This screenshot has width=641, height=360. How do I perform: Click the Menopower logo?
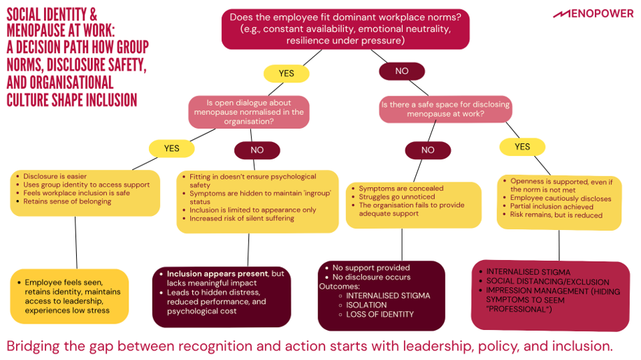[x=593, y=13]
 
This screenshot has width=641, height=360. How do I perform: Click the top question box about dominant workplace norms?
[x=346, y=29]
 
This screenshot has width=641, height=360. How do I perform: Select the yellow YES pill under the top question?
[x=287, y=73]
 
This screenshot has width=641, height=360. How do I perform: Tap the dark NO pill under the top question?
[x=402, y=71]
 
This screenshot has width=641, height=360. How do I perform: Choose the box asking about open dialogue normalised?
[x=248, y=112]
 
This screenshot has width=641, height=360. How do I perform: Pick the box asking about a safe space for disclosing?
[x=445, y=108]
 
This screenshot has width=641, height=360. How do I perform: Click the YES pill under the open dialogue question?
[x=171, y=148]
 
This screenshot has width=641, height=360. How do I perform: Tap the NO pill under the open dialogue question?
[x=257, y=150]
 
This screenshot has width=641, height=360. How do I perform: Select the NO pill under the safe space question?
[x=428, y=150]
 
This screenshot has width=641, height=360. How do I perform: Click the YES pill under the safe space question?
[x=522, y=147]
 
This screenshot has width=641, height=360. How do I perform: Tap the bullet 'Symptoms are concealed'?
[x=401, y=189]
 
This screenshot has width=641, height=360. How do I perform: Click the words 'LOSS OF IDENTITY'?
[x=380, y=315]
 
